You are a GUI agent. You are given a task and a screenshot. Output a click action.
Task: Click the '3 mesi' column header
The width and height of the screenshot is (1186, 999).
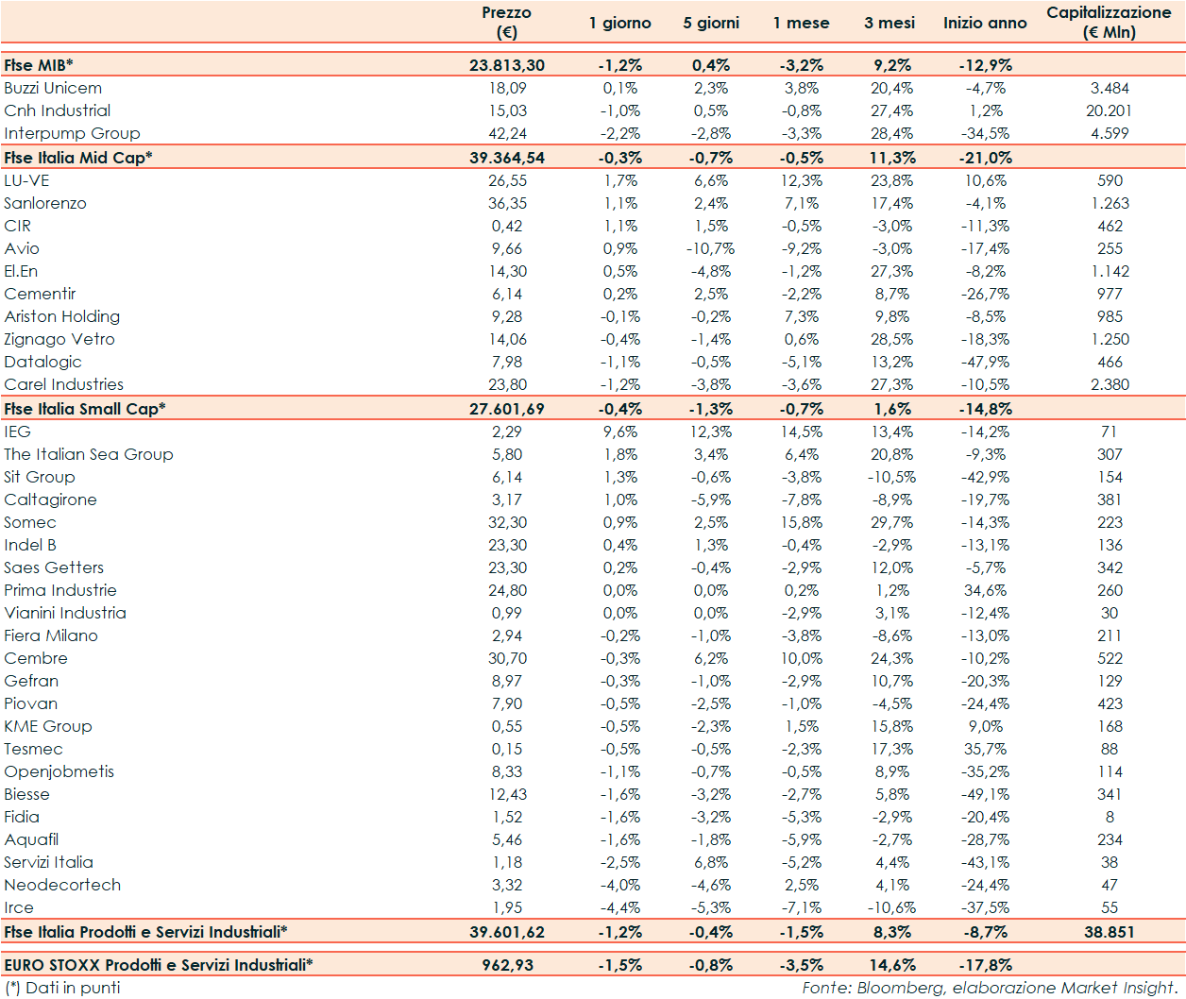pos(889,23)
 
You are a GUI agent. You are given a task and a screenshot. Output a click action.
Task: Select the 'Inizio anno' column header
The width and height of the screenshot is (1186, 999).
pos(985,23)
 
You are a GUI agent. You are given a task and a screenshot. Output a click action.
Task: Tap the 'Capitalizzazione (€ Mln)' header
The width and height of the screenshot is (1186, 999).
pos(1109,22)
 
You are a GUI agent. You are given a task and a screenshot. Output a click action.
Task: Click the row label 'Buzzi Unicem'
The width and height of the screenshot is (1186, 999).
pos(53,88)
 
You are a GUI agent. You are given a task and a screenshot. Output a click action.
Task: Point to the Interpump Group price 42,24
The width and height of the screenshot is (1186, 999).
pos(507,133)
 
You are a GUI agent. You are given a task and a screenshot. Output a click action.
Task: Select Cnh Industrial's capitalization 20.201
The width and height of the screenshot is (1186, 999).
pos(1109,110)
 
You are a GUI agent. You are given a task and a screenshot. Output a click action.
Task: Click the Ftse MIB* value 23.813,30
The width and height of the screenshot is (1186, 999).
pos(507,65)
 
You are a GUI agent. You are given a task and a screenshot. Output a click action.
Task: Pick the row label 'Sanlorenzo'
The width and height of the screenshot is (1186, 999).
pos(45,203)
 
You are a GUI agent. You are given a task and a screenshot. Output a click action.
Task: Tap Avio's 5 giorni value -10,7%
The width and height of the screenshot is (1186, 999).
pos(710,248)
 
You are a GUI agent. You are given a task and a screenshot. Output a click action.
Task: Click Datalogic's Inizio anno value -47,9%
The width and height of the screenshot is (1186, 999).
pos(985,362)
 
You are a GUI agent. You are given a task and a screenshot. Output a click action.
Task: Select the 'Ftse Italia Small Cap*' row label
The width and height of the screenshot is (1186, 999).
pos(85,409)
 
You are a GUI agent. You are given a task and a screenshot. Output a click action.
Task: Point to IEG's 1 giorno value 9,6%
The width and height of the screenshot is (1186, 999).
pos(620,432)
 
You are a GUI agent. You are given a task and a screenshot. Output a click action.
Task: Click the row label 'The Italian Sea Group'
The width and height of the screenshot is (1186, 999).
pos(89,454)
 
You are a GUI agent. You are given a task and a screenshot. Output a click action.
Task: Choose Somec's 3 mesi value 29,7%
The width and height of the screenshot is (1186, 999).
pos(891,522)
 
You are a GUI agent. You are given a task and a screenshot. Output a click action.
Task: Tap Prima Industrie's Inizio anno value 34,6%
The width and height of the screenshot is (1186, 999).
pos(985,590)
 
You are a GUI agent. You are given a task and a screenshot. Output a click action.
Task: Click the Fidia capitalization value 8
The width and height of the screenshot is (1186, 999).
pos(1110,817)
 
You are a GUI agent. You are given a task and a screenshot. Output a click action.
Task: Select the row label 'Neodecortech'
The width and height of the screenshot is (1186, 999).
pos(62,885)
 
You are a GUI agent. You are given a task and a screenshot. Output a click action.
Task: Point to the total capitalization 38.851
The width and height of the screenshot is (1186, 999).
pos(1109,932)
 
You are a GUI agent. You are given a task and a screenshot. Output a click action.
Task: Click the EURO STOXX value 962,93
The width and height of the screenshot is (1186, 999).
pos(507,965)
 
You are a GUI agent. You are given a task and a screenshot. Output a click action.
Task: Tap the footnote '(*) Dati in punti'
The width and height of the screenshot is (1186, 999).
pos(62,988)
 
